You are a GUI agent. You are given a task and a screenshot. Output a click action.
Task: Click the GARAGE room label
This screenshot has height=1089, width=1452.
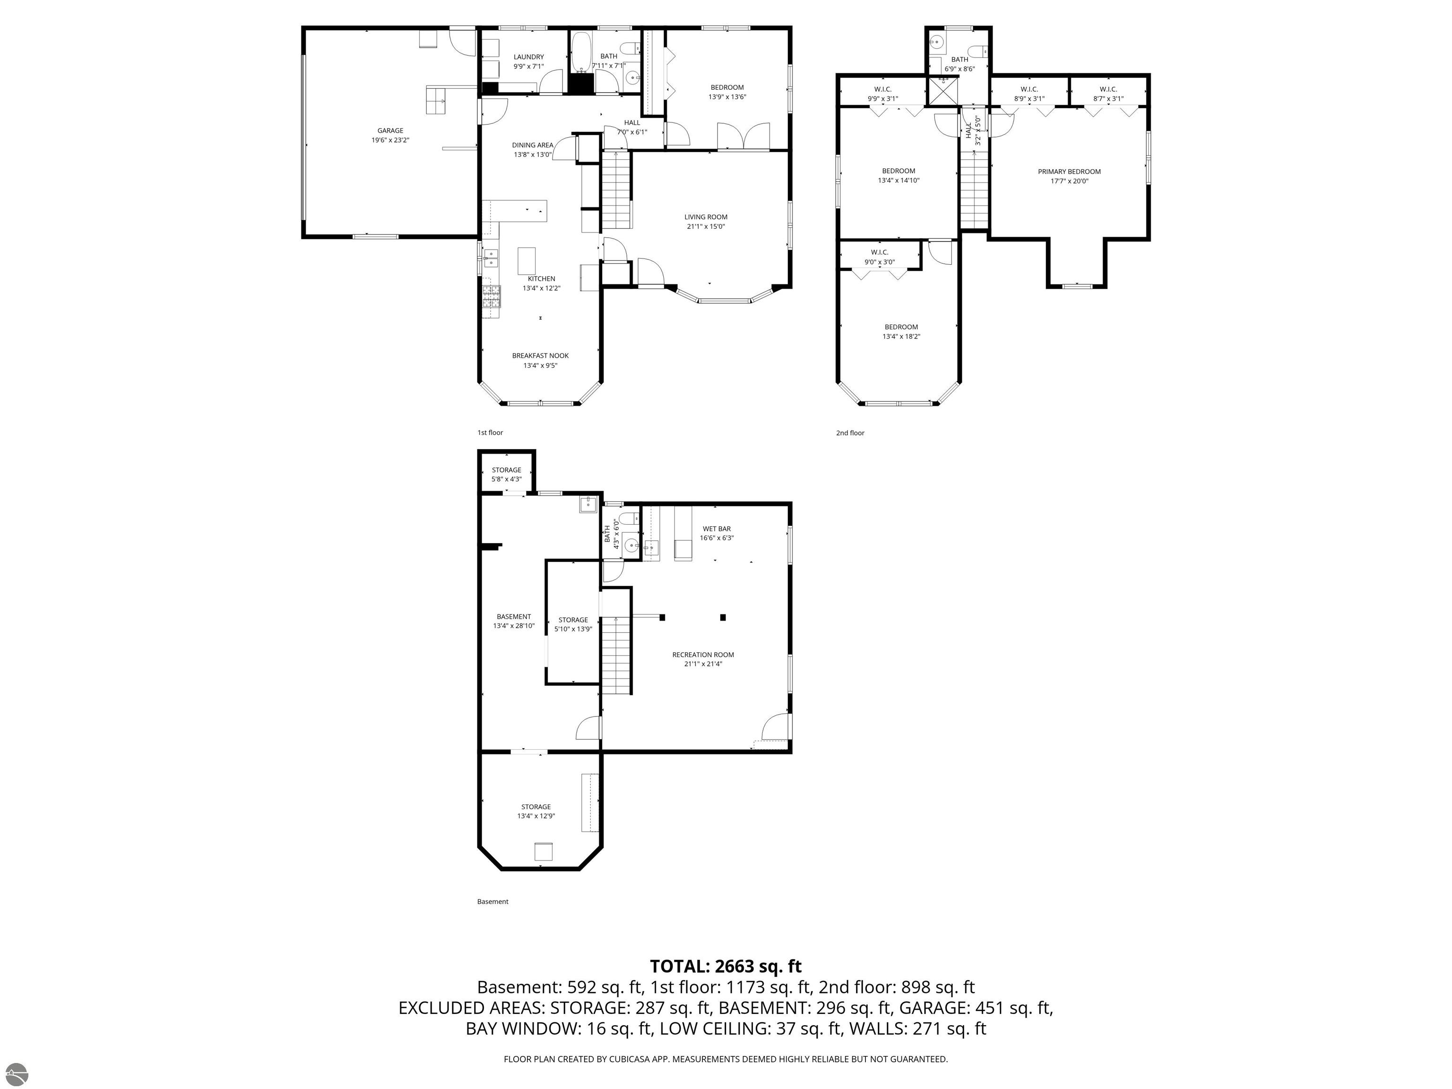tap(390, 130)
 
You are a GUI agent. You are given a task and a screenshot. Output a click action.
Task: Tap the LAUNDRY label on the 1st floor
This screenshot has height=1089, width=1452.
tap(528, 57)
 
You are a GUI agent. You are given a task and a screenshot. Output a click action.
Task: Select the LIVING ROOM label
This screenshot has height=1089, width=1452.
tap(706, 217)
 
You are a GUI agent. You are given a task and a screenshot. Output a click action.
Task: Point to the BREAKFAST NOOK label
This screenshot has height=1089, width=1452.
tap(540, 356)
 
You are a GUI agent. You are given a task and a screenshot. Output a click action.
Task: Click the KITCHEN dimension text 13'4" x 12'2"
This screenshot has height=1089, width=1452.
tap(542, 288)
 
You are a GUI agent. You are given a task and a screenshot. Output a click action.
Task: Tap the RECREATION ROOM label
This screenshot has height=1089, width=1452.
tap(703, 655)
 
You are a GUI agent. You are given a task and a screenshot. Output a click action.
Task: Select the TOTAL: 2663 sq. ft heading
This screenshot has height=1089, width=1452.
tap(726, 966)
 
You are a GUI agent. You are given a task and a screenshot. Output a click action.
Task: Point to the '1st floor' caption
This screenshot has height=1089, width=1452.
tap(490, 432)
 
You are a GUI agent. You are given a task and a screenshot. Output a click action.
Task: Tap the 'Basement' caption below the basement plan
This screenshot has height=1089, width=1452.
tap(493, 901)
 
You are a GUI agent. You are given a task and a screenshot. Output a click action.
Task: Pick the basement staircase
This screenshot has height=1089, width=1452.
tap(616, 655)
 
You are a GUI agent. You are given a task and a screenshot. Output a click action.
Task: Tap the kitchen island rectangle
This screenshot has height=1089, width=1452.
tap(527, 260)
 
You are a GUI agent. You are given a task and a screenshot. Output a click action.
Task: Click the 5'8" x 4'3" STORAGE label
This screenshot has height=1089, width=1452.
tap(507, 475)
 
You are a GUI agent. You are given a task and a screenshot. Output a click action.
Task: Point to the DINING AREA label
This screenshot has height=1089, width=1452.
tap(532, 145)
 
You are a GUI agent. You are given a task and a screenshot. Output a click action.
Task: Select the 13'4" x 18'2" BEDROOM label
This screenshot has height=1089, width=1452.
tap(901, 331)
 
